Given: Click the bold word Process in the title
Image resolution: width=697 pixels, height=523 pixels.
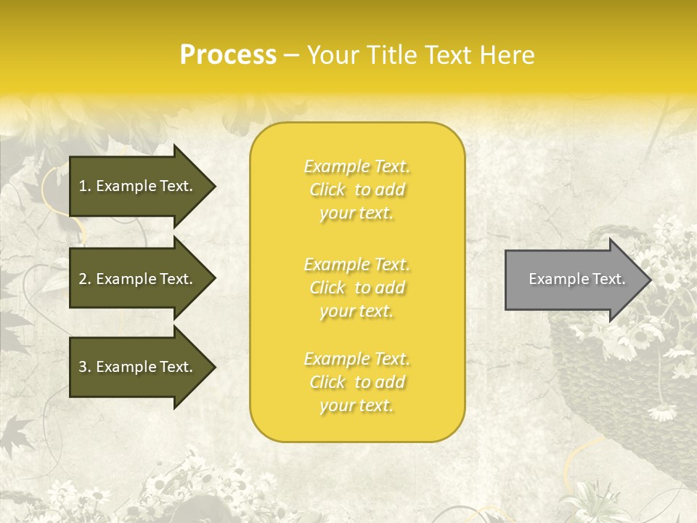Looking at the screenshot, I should coord(228,55).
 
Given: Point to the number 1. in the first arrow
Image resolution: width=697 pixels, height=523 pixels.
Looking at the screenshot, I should coord(84,186).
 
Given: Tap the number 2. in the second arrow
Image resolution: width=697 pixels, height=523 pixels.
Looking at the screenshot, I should coord(84,279).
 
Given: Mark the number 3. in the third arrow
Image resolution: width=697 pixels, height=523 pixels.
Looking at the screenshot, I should coord(84,367).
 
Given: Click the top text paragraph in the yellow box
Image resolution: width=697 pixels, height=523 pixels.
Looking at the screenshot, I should coord(356,190).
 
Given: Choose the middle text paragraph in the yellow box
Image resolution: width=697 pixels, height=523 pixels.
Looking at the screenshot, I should coord(356,288).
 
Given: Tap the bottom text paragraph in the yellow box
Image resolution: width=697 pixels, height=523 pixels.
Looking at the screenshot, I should coord(356,382).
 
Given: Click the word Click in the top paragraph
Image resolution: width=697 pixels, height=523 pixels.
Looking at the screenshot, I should coord(327,190).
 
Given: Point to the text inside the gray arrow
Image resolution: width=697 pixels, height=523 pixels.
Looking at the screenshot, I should coord(576,279).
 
